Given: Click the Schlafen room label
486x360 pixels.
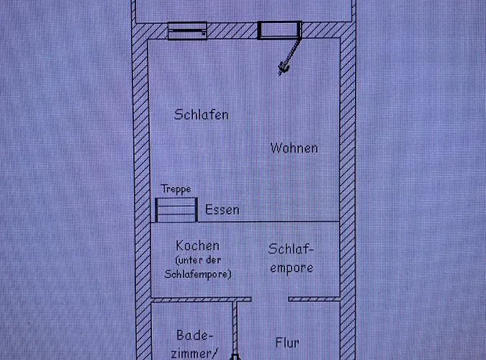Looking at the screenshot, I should pyautogui.click(x=202, y=114).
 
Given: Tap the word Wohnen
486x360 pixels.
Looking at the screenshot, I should pyautogui.click(x=294, y=148).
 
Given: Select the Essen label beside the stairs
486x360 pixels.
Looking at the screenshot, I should pyautogui.click(x=222, y=210).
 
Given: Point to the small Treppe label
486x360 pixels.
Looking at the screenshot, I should pyautogui.click(x=176, y=189).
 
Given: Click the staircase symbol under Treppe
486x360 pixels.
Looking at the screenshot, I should pyautogui.click(x=176, y=210).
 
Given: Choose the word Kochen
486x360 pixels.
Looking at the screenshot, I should pyautogui.click(x=197, y=246).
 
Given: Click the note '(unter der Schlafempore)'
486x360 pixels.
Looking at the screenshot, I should pyautogui.click(x=197, y=266).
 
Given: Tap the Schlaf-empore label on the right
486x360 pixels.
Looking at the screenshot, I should pyautogui.click(x=291, y=258).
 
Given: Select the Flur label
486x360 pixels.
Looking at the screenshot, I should pyautogui.click(x=287, y=343).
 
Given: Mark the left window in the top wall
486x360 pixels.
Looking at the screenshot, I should pyautogui.click(x=187, y=31).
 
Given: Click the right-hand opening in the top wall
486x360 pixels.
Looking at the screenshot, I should pyautogui.click(x=279, y=30).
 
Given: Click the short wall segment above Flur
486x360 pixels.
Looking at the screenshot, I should pyautogui.click(x=314, y=299).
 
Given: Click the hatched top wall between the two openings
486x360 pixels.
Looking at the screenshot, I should pyautogui.click(x=233, y=31).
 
